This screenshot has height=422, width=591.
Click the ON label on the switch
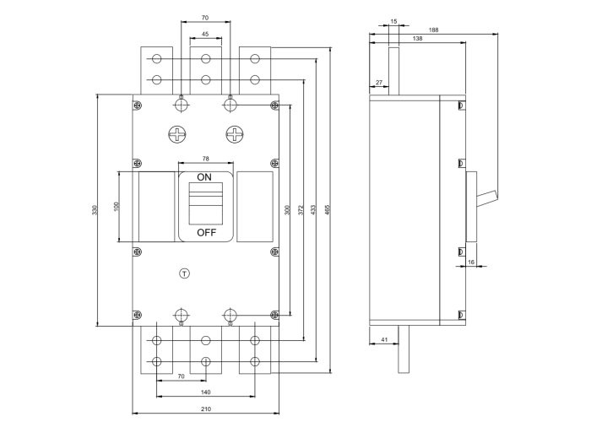(204, 177)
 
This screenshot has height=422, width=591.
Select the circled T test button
(186, 273)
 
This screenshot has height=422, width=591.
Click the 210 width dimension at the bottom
(205, 409)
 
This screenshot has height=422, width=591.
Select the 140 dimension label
(205, 393)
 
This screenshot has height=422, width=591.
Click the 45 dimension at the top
(205, 35)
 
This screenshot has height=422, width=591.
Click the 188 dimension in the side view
(433, 30)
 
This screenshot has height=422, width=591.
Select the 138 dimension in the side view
(417, 39)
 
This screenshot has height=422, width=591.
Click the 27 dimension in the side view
(378, 82)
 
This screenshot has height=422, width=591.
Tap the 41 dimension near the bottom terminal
(384, 339)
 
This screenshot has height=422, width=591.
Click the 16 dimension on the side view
(471, 262)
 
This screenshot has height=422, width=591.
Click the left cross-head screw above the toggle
(177, 134)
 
